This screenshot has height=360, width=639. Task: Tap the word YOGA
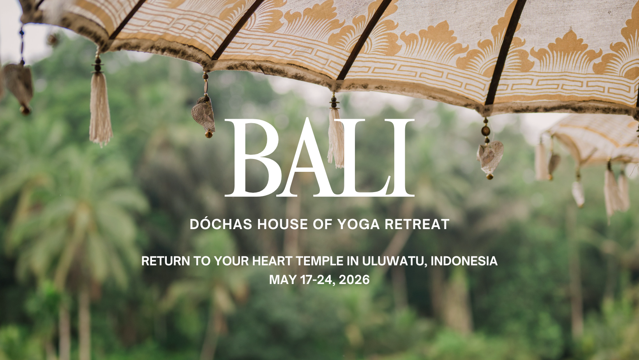[x=358, y=224]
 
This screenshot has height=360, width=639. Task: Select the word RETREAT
[x=417, y=224]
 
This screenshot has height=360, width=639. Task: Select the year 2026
[x=354, y=280]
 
